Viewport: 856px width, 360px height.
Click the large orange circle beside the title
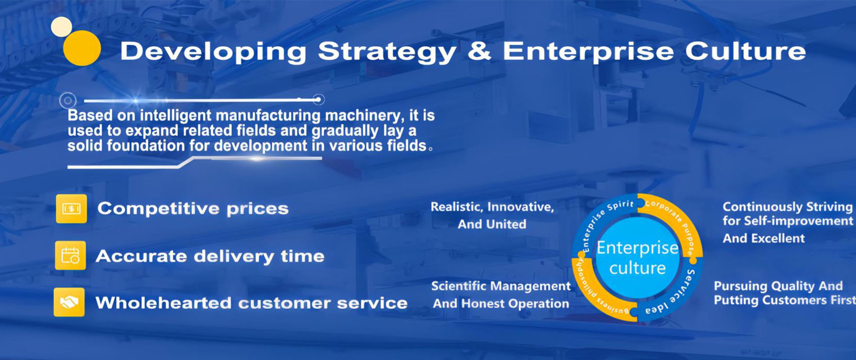point(82,48)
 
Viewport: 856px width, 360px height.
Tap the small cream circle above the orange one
point(62,27)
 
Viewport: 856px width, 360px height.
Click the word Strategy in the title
point(387,52)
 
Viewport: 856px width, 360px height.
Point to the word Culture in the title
point(745,50)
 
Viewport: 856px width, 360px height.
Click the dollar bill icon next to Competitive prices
point(71,209)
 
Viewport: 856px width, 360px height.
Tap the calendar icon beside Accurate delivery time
point(70,255)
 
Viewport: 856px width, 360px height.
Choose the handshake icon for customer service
point(69,302)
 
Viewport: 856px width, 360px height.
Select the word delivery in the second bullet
point(234,256)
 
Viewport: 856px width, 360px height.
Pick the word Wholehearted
point(164,302)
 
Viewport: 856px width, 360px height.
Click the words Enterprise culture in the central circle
point(637,258)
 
